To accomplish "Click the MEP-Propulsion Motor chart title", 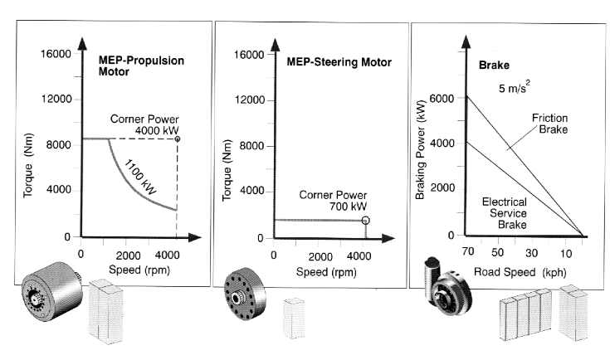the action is (x=141, y=66).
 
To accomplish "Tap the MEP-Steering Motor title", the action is (x=339, y=62).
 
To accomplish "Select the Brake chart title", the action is (x=494, y=65).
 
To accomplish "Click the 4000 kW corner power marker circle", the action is (x=178, y=139).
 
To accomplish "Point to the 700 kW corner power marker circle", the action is (x=365, y=221).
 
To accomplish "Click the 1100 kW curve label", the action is (x=140, y=177).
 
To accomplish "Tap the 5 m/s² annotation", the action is (x=515, y=87).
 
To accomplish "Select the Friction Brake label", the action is (x=549, y=124).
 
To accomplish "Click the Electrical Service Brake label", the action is (x=505, y=213).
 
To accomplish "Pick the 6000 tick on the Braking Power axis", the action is (x=442, y=99).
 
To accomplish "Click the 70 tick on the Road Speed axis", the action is (x=468, y=251).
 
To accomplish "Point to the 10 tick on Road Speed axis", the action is (x=566, y=254).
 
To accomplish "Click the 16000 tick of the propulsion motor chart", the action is (x=56, y=54).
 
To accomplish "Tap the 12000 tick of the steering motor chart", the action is (x=249, y=100).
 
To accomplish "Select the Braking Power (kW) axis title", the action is (x=420, y=149).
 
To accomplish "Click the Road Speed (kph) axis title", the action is (x=520, y=272).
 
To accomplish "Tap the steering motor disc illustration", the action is (x=245, y=294).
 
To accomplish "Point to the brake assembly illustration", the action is (x=448, y=287).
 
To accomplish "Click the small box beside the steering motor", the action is (x=294, y=318).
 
